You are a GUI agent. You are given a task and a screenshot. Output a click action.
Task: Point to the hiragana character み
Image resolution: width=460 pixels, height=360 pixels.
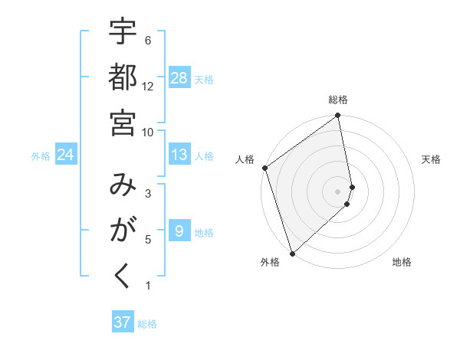[123, 185]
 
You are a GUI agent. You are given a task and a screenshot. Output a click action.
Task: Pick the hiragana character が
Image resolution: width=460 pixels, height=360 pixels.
[123, 231]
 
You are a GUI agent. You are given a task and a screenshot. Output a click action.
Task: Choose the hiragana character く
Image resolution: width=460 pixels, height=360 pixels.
[123, 277]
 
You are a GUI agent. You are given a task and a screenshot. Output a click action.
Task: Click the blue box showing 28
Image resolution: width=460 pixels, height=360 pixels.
[179, 78]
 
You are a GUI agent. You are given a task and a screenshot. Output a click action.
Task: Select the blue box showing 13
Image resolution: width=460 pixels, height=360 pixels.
[179, 155]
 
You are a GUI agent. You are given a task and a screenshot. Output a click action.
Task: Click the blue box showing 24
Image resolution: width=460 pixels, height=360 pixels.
[66, 155]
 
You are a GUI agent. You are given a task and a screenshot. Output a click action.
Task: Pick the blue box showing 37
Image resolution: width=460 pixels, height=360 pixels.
[123, 322]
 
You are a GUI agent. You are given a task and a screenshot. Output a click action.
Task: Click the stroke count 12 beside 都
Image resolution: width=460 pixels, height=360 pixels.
[149, 86]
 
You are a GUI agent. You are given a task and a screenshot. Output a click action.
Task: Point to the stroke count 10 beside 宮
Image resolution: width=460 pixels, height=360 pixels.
[149, 132]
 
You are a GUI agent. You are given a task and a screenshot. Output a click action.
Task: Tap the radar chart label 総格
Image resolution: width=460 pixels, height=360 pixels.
[338, 100]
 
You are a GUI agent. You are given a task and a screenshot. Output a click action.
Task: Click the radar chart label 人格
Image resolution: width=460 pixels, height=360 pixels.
[245, 159]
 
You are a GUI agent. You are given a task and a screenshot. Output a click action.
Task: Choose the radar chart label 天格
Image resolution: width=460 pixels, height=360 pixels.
[431, 159]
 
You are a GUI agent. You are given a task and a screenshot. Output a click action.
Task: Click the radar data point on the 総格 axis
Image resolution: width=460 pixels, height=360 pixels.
[338, 116]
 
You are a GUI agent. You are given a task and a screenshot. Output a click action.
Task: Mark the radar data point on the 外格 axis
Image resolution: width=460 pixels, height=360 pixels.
[292, 253]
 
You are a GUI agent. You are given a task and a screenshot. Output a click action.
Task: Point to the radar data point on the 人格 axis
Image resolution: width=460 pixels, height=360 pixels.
[264, 168]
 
